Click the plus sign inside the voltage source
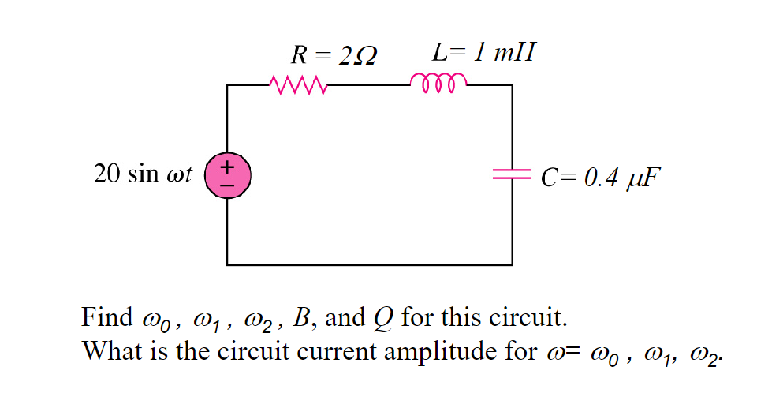click(227, 167)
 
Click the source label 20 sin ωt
click(143, 174)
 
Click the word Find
click(107, 318)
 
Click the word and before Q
click(345, 318)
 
